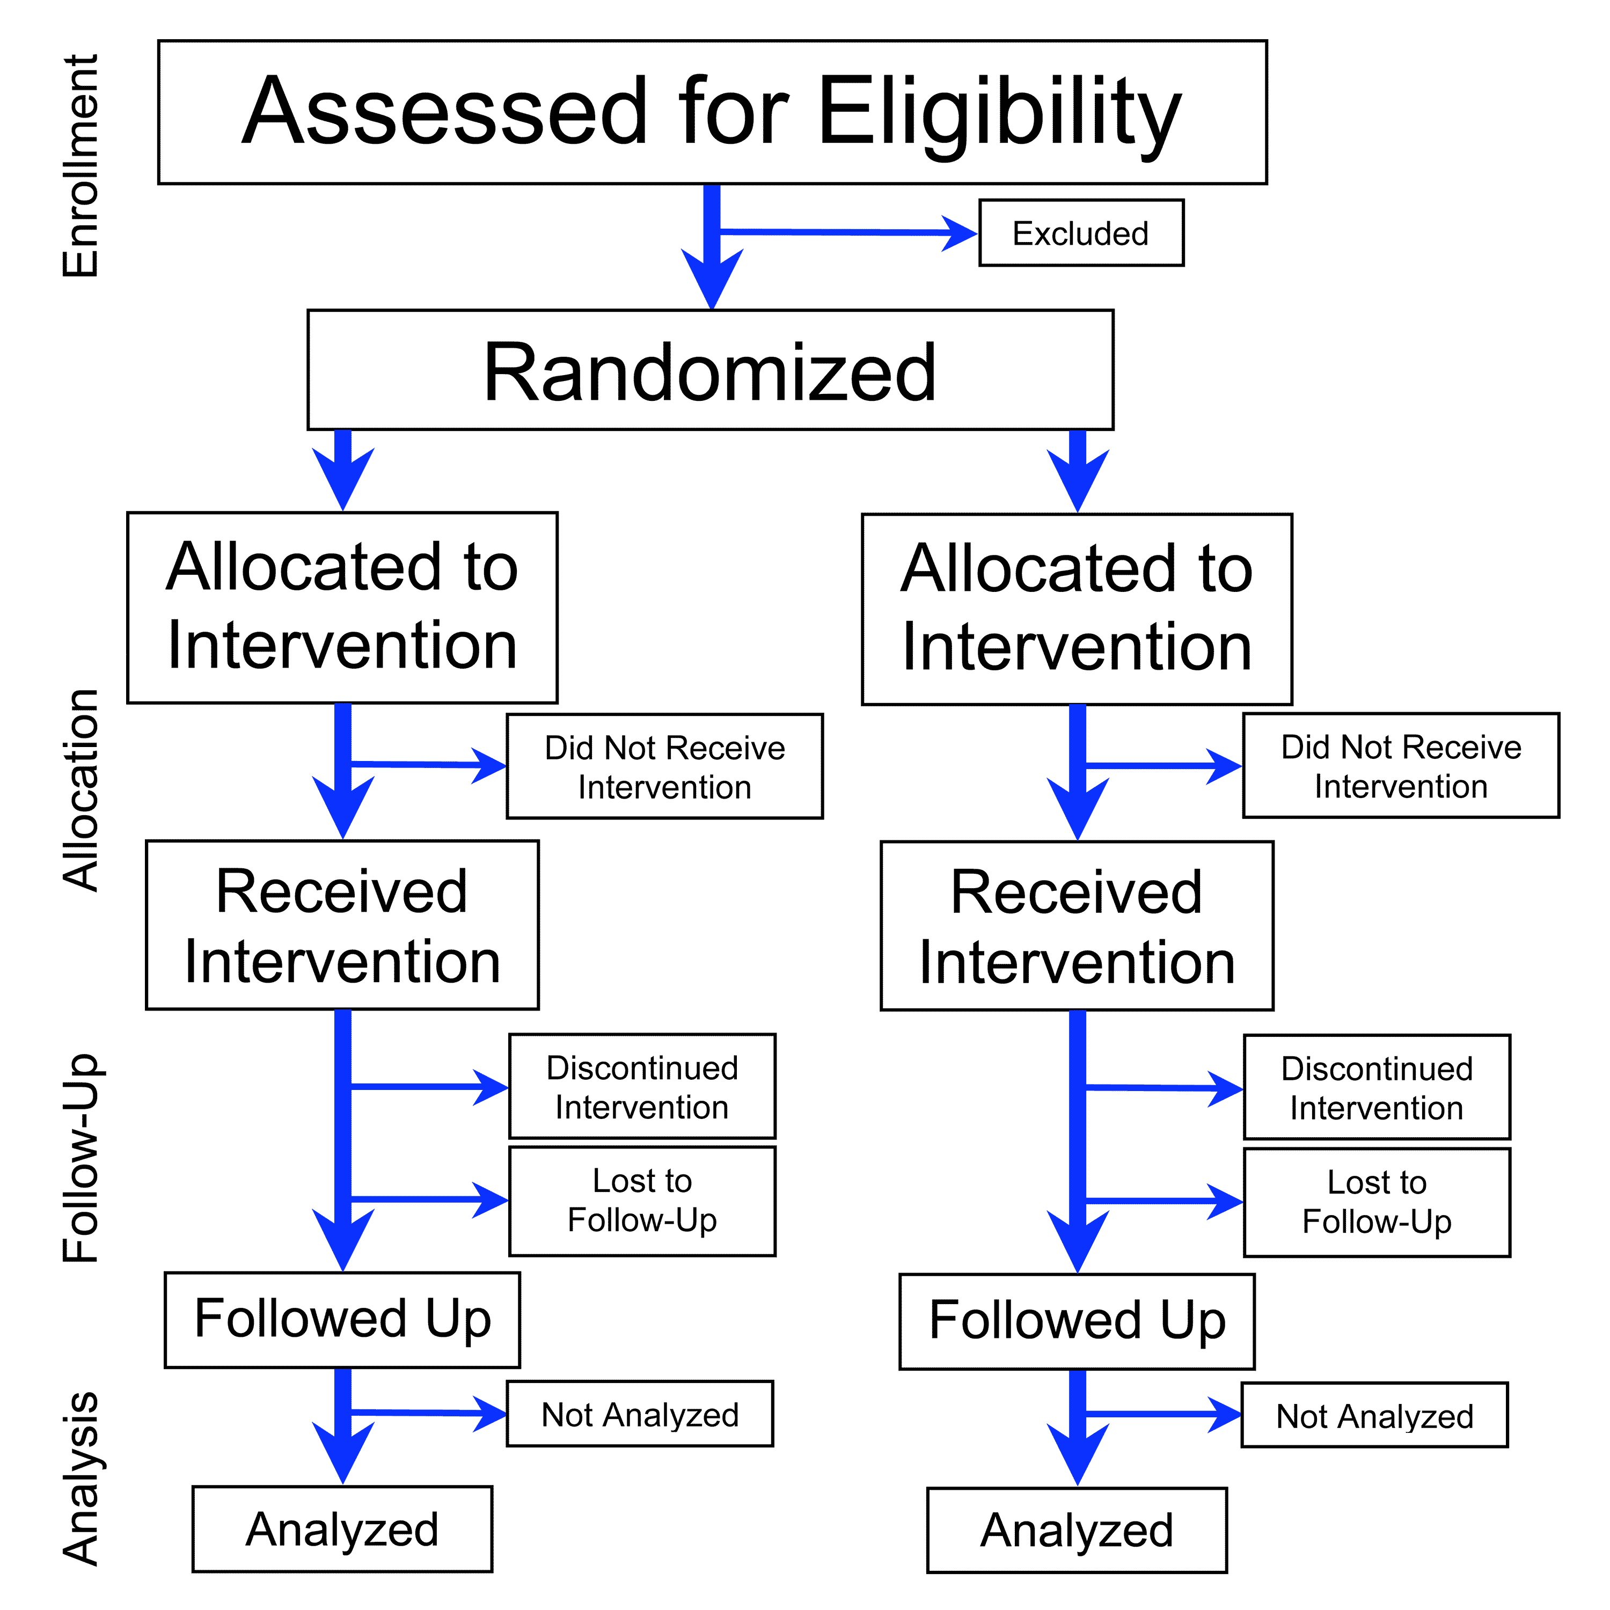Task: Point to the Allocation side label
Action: pyautogui.click(x=81, y=790)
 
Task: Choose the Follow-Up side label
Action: pyautogui.click(x=81, y=1158)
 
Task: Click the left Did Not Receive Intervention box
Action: pyautogui.click(x=664, y=767)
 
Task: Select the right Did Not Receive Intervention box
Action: pyautogui.click(x=1400, y=766)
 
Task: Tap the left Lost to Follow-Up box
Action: pyautogui.click(x=642, y=1201)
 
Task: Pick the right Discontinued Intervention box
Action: pyautogui.click(x=1376, y=1087)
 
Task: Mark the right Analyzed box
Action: pyautogui.click(x=1076, y=1530)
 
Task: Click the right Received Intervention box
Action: pyautogui.click(x=1076, y=926)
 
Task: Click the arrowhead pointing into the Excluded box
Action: pyautogui.click(x=958, y=233)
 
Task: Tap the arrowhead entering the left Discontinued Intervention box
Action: pyautogui.click(x=490, y=1087)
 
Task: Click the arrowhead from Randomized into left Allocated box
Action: pyautogui.click(x=342, y=479)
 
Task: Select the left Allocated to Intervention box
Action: pyautogui.click(x=342, y=608)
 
